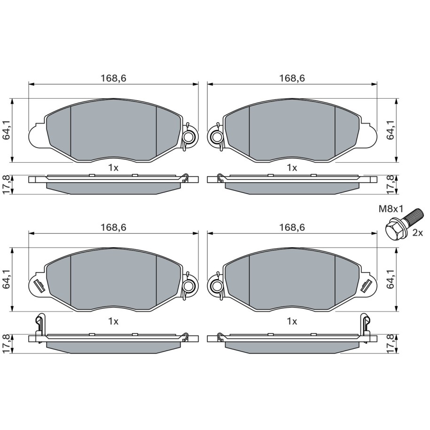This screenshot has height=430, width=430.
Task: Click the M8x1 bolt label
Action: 391,209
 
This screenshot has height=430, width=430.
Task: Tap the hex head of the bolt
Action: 394,230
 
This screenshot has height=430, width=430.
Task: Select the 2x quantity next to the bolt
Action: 418,233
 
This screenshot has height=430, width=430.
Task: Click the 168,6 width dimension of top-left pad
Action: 113,78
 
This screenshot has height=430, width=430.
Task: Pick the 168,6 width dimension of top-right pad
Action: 292,78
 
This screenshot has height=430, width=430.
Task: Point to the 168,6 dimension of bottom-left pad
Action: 113,227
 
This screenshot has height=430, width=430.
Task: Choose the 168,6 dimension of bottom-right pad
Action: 292,227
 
